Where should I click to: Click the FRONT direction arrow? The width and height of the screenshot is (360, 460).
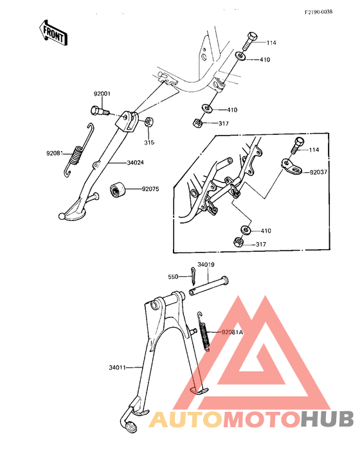point(53,33)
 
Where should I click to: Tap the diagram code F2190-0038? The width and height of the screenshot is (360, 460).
point(318,12)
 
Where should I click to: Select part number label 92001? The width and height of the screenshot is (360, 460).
point(102,94)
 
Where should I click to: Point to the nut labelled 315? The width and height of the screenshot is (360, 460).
point(149,122)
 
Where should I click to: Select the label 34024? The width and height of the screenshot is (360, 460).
point(136,163)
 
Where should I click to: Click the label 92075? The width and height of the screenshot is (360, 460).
point(150,189)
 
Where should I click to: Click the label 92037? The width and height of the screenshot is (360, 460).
point(318,172)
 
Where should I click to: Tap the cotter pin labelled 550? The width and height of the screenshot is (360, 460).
point(192,276)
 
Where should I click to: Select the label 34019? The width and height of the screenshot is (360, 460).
point(206,265)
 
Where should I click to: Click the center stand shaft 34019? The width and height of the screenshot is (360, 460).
point(208,285)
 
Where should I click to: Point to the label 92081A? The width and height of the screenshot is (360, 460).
point(232,332)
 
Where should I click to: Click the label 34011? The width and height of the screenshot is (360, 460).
point(117,367)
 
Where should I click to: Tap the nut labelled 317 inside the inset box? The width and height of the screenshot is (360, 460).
point(239,242)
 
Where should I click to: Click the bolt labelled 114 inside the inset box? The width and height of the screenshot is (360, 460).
point(298,146)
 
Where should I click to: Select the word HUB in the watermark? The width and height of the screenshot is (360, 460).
point(328,419)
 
